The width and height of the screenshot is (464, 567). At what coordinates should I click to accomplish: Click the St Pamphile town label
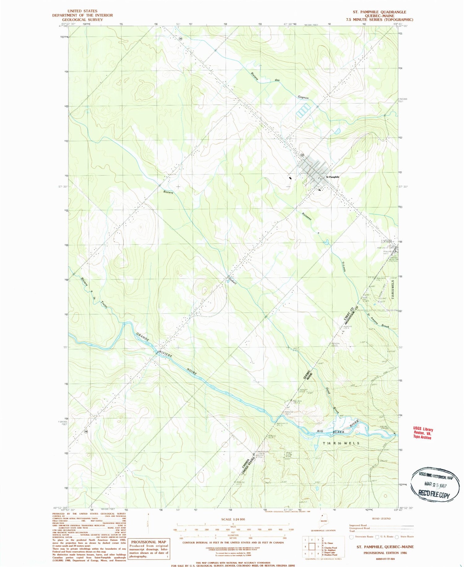(x=333, y=177)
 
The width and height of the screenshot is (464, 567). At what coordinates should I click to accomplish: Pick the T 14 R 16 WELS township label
(x=341, y=443)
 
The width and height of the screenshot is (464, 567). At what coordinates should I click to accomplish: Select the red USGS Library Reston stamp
(x=423, y=433)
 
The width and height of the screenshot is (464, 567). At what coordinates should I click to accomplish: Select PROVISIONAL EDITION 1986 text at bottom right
(x=385, y=552)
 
